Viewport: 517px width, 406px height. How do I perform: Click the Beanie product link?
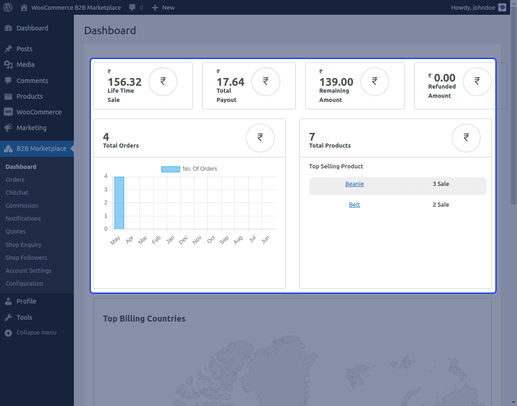[x=355, y=184]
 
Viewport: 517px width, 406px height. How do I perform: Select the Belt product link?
[x=355, y=205]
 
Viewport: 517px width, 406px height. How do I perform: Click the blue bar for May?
[x=119, y=203]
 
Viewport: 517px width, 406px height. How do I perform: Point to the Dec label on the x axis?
[x=184, y=240]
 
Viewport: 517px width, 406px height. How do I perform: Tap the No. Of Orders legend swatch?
[x=170, y=169]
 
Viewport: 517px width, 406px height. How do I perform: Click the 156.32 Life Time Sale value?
[x=125, y=82]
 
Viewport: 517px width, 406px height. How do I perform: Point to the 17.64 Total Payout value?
[x=230, y=82]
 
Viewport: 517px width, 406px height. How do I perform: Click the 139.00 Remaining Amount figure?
[x=336, y=82]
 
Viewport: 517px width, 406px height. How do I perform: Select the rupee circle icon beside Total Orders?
[x=260, y=138]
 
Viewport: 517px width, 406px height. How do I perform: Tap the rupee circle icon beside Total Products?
[x=466, y=138]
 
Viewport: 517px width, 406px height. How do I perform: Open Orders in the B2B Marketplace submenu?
[x=15, y=180]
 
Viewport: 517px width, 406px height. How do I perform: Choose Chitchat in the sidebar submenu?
[x=17, y=193]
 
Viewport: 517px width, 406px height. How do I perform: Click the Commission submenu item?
[x=22, y=206]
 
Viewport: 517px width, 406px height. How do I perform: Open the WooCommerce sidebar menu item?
[x=39, y=112]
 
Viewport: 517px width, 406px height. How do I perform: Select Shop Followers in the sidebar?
[x=26, y=258]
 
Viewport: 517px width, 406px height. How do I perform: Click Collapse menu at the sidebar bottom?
[x=36, y=333]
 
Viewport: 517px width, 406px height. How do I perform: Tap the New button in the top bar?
[x=163, y=7]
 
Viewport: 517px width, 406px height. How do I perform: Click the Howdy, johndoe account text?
[x=473, y=7]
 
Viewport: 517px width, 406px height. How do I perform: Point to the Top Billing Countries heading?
[x=144, y=319]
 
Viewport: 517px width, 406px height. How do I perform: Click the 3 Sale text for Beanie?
[x=441, y=184]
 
